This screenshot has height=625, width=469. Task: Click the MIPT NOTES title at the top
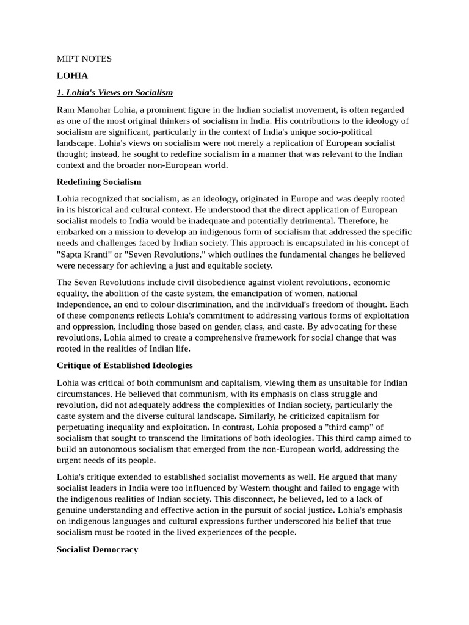[84, 59]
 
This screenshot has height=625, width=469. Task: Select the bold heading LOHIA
[73, 76]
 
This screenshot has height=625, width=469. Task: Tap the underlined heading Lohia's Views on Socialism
[115, 92]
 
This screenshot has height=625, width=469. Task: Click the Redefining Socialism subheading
[99, 182]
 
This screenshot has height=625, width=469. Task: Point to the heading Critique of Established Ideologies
[125, 365]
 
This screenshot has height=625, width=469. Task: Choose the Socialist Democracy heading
[97, 549]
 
